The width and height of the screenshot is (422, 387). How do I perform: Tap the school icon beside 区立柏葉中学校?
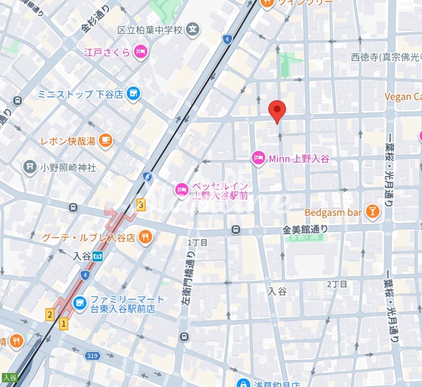tap(193, 30)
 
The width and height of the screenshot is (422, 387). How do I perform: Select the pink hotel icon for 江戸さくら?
tap(140, 52)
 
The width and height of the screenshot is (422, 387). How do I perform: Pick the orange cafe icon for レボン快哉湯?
tap(105, 141)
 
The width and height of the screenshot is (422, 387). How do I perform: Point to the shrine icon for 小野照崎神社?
tap(30, 167)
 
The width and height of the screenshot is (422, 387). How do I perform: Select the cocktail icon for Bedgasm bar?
tap(372, 212)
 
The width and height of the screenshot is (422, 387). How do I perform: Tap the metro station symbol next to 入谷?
tap(97, 256)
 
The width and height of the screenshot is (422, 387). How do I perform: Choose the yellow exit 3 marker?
tap(141, 204)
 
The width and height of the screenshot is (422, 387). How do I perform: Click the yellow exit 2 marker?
tap(50, 315)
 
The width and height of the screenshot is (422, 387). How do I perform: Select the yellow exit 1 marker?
tap(64, 323)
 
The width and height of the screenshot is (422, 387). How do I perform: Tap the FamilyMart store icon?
tap(79, 303)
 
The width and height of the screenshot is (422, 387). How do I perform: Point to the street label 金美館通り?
tap(305, 229)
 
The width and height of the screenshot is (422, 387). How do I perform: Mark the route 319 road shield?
tap(92, 355)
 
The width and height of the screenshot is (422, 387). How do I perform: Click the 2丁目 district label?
tap(337, 284)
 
